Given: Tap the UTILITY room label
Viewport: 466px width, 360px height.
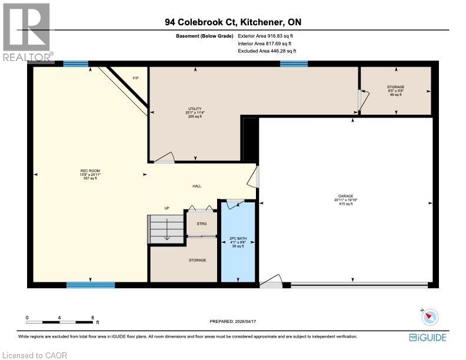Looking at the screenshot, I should (x=195, y=109).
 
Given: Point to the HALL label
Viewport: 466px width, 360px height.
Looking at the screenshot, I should (x=197, y=186).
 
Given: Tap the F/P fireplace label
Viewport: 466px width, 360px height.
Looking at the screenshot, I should (x=135, y=78).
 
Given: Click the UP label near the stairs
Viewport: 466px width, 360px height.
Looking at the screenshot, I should (x=167, y=208).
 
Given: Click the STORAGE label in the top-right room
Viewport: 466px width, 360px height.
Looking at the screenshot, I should (x=396, y=87).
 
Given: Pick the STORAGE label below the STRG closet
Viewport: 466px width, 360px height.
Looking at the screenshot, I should (x=197, y=260).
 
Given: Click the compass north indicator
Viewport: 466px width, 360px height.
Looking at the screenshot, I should (x=430, y=317).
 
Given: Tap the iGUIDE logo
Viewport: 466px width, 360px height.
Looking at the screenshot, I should (x=427, y=337).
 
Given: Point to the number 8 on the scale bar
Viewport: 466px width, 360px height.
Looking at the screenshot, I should (x=92, y=318).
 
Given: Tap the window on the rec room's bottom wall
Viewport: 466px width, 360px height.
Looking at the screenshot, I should (x=90, y=285).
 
